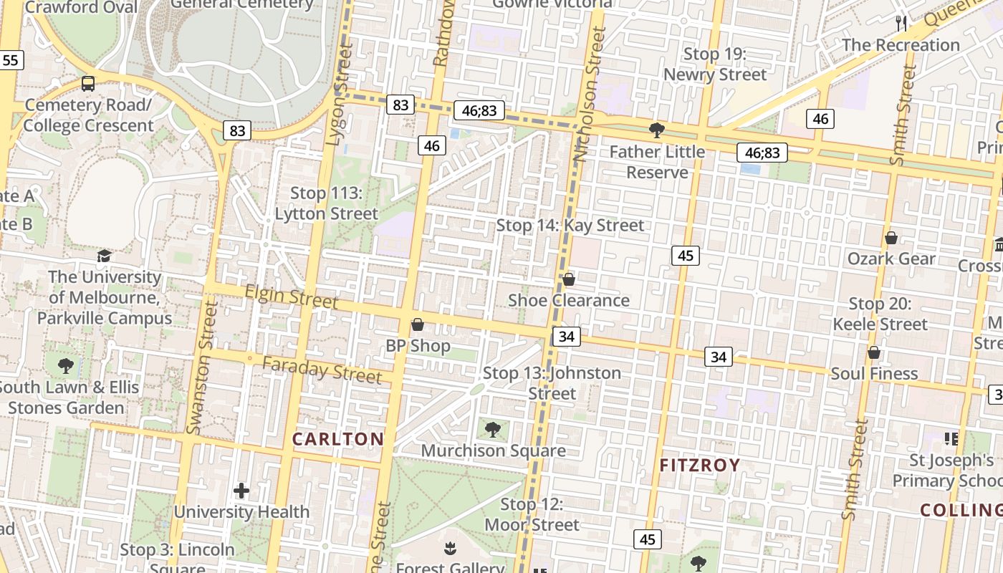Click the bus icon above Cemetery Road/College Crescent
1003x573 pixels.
(88, 84)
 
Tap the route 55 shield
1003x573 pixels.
(10, 60)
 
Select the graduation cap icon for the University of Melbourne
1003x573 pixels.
(105, 256)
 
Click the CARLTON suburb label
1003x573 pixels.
(337, 439)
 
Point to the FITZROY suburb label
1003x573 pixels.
(699, 466)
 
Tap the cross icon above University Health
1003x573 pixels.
(241, 491)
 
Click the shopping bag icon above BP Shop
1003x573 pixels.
(418, 325)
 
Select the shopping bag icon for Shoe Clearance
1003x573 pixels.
(569, 279)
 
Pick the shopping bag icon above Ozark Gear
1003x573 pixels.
(892, 238)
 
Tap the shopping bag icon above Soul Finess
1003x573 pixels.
(874, 352)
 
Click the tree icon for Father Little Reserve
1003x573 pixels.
(656, 130)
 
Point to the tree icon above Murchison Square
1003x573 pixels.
(492, 430)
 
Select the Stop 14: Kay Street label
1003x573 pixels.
(570, 226)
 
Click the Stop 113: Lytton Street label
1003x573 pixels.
(327, 203)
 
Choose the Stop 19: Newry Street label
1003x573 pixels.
(715, 64)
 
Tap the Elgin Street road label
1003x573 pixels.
(291, 296)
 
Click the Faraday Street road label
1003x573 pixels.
(322, 370)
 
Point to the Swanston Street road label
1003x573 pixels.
(202, 367)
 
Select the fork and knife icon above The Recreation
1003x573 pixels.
(901, 24)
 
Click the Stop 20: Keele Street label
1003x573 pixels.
(880, 314)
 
